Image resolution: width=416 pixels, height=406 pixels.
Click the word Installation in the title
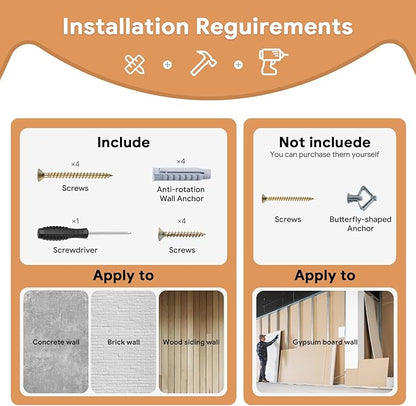coord(126,26)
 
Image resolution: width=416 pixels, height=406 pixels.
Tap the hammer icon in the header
coord(203,63)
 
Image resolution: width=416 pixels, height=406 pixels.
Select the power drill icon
coord(273,62)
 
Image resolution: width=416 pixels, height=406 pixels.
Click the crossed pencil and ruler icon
coord(135,64)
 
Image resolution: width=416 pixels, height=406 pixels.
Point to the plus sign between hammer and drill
coord(238,65)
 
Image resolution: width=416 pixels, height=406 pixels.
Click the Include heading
coord(123,142)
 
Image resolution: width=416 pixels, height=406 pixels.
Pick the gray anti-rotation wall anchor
coord(182,174)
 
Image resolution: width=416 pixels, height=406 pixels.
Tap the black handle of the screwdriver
coord(63,233)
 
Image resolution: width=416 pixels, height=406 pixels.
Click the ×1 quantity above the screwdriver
coord(76,221)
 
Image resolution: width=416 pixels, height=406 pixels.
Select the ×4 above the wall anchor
coord(181,161)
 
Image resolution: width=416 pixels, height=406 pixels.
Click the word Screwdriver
coord(75,250)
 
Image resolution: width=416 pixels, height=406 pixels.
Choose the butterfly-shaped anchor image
coord(362,198)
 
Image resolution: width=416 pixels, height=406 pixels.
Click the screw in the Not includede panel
coord(287,199)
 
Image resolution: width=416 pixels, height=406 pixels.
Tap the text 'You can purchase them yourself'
coord(325,154)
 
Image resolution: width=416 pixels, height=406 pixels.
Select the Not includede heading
coord(325,142)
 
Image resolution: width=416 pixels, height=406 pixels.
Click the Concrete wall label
coord(56,342)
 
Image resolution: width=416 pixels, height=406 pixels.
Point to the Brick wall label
coord(124,342)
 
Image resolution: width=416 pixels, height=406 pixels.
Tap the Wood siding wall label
coord(191,342)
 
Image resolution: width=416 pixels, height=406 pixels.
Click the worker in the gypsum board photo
coord(265,358)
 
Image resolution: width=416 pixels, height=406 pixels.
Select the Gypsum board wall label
coord(325,342)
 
